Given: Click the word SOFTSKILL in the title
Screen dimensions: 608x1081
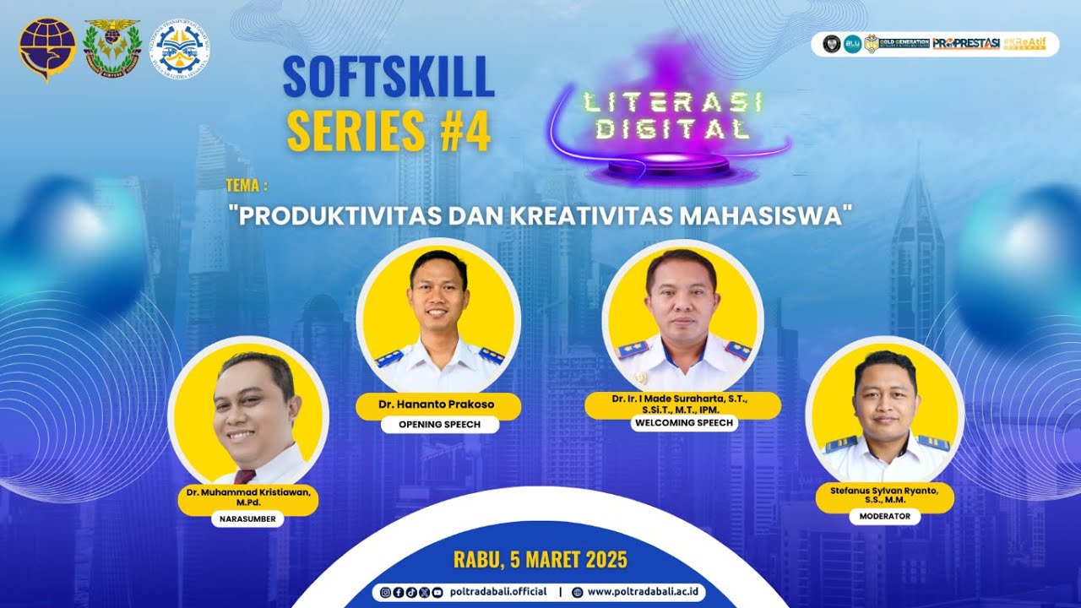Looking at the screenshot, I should click(x=388, y=79).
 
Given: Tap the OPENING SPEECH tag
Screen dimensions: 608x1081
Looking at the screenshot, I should click(x=439, y=424).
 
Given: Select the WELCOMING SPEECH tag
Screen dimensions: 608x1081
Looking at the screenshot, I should click(x=682, y=423).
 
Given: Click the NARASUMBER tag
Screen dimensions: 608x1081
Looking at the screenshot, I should click(x=247, y=519).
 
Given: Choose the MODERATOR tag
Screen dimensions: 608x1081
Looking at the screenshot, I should click(x=884, y=515).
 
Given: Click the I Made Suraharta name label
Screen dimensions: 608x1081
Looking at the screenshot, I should click(x=682, y=403).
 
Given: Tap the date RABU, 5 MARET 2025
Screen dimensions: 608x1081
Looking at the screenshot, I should click(x=540, y=560).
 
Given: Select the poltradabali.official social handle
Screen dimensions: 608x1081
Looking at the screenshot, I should click(x=498, y=592).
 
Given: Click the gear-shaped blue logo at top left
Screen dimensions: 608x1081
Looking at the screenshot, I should click(x=180, y=49).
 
